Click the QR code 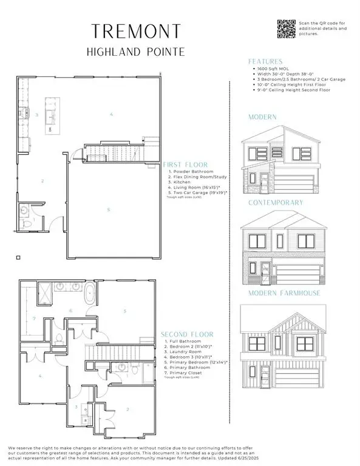tap(285, 29)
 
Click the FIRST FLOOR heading tap(185, 164)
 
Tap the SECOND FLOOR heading tap(186, 334)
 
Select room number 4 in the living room tap(111, 113)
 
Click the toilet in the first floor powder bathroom tap(25, 223)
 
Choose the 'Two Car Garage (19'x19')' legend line tap(199, 192)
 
